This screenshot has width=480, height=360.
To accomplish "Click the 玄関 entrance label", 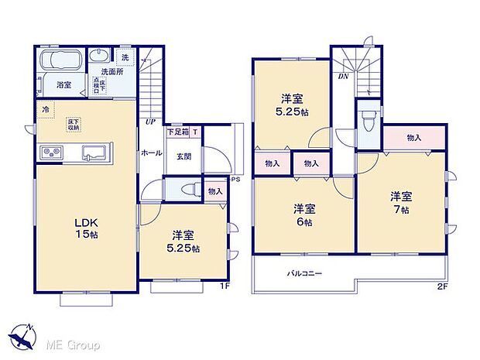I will click(183, 156).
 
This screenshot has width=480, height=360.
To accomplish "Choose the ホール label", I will click(152, 153).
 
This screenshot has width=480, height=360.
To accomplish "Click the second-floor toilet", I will click(369, 120).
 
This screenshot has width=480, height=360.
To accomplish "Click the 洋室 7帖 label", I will click(401, 201).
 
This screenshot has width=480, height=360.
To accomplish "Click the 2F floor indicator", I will click(442, 286).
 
